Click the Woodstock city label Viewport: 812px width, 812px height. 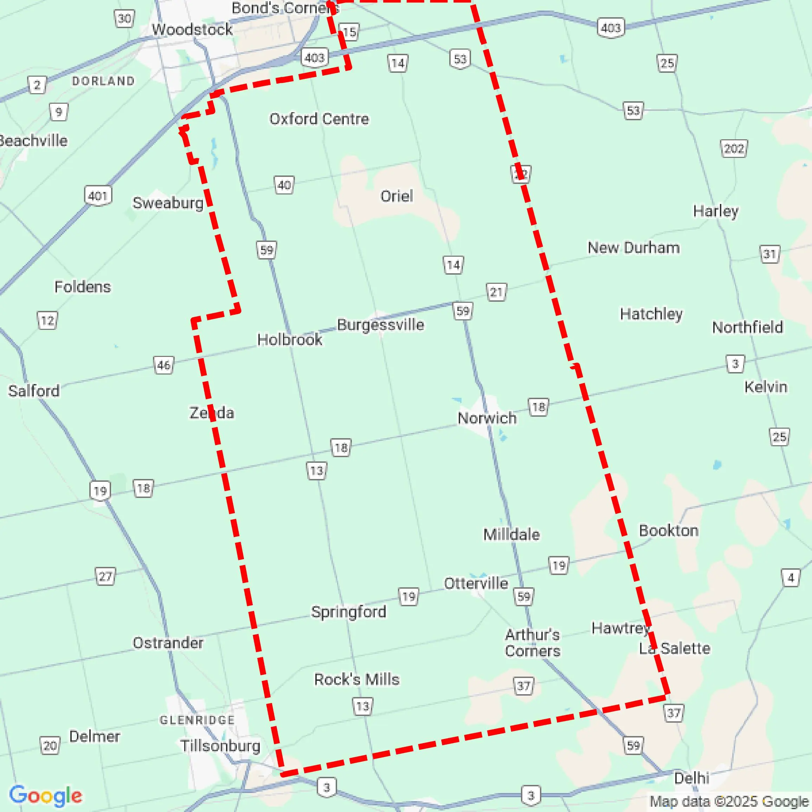coord(192,30)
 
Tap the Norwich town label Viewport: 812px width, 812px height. coord(487,418)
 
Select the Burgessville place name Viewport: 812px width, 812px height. coord(380,325)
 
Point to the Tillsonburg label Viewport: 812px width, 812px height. coord(220,746)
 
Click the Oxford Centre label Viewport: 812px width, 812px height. coord(319,119)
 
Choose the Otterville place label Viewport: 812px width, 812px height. coord(476,583)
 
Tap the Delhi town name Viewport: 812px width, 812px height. coord(691,778)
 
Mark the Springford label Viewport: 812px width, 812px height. coord(348,612)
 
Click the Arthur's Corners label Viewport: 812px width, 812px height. coord(532,642)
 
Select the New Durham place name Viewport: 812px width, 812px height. coord(633,248)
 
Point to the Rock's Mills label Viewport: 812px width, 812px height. coord(356,679)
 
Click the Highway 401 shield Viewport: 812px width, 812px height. coord(98,196)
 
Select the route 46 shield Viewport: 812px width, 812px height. coord(163,365)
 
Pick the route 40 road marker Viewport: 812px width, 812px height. coord(284,185)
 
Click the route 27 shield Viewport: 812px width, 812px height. coord(105,576)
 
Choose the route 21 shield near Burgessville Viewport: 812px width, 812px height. coord(496,292)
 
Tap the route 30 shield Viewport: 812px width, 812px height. coord(124,19)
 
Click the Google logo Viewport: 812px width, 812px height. coord(45,795)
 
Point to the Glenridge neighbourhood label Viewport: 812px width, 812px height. coord(197,720)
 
